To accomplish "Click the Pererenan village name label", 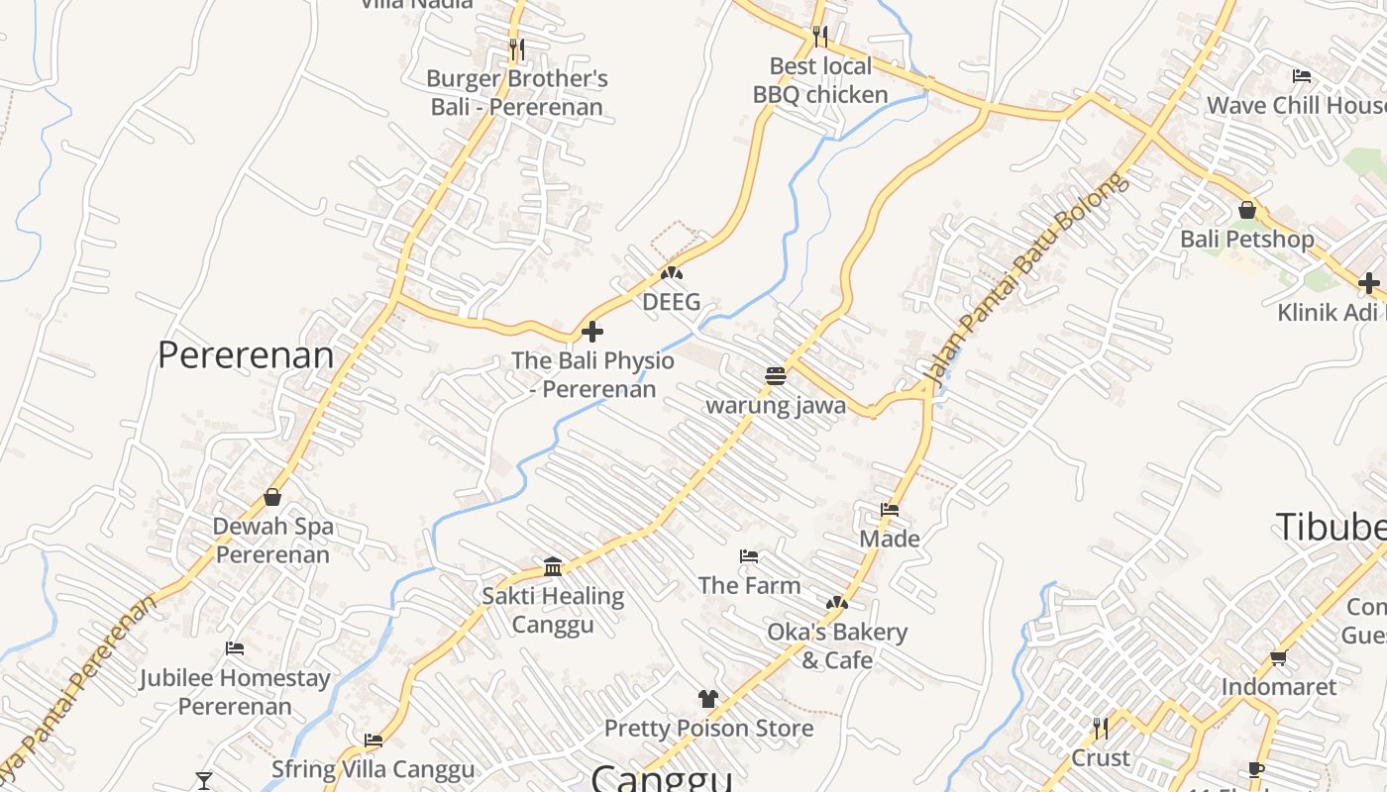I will [x=246, y=355].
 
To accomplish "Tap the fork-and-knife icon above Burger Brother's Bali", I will [x=516, y=48].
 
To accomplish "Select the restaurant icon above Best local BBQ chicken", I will [x=819, y=37].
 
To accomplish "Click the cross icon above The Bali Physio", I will [x=592, y=332].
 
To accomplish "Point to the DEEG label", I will [x=671, y=302].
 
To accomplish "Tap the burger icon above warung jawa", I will [x=776, y=376].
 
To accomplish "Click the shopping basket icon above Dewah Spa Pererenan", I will [x=272, y=497].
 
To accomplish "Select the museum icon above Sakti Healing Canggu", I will [x=553, y=566].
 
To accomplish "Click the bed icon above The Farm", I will [x=749, y=556].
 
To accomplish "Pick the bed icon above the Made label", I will [x=890, y=510].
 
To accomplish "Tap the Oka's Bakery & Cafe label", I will [x=837, y=645].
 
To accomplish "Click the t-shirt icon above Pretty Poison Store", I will [x=707, y=699].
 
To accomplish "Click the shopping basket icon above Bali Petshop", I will [x=1247, y=210].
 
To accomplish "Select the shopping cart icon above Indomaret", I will [x=1278, y=658].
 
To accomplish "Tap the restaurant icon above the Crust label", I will [x=1100, y=729].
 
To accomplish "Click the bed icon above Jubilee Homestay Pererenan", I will [x=235, y=648].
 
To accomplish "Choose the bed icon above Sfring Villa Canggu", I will [x=373, y=740].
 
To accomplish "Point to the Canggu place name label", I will [x=662, y=778].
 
